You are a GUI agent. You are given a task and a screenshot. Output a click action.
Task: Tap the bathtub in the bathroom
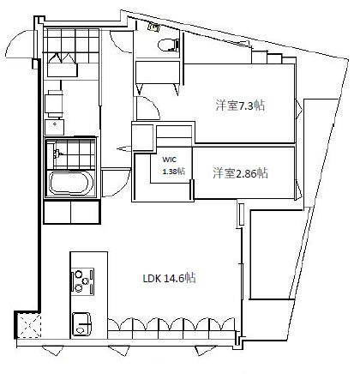coord(69,184)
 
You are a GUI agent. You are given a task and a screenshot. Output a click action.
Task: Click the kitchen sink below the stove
coord(81,324)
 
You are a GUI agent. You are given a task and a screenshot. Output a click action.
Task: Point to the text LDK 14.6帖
coord(170,278)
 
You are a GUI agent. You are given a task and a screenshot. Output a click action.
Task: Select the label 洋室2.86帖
coord(240,172)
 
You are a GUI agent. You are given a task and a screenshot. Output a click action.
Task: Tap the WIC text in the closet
coord(170,160)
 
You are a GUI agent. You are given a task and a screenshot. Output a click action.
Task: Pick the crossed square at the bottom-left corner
coord(27,325)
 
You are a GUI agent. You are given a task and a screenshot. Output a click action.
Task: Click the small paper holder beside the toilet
coord(154,26)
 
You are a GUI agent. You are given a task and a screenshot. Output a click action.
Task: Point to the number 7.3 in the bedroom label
coord(249,106)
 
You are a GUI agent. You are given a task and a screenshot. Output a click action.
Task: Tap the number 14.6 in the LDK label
coord(180,278)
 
